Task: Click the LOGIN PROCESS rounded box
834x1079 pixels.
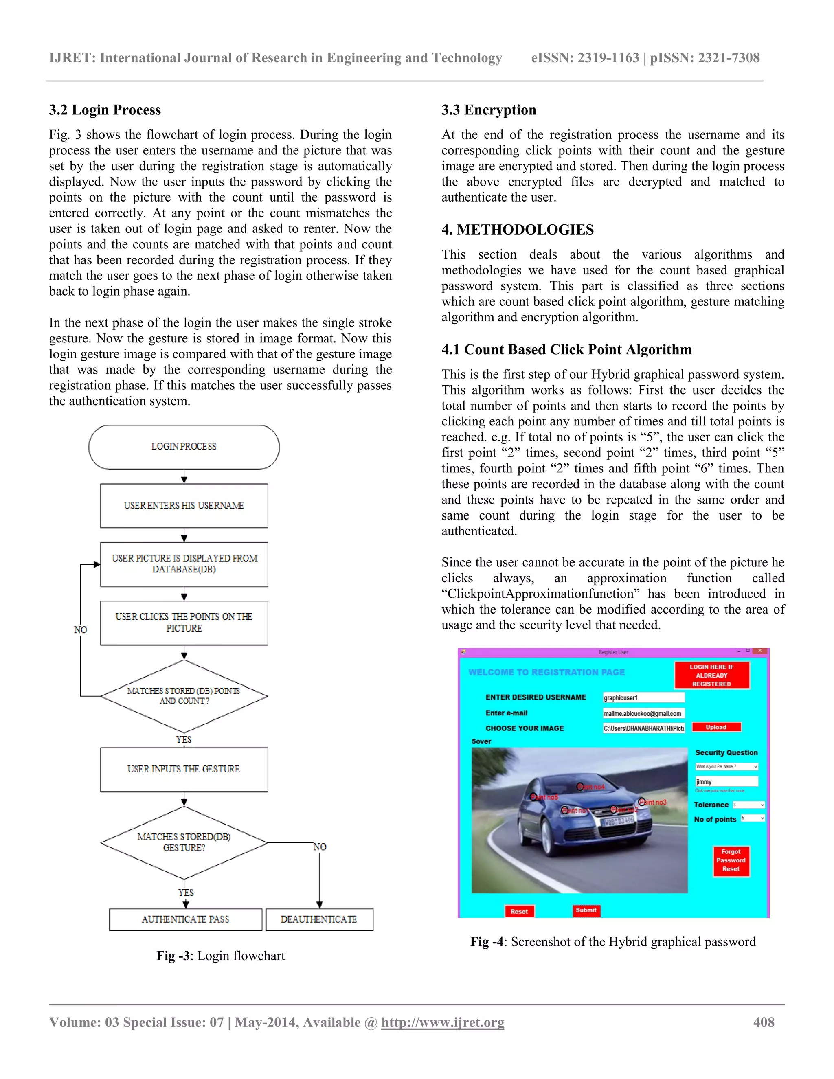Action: pyautogui.click(x=184, y=447)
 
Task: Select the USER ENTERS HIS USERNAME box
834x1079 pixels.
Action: pyautogui.click(x=184, y=505)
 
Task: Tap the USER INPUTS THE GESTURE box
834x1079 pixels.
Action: pyautogui.click(x=184, y=769)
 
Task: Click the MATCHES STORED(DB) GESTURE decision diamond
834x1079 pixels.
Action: pyautogui.click(x=184, y=842)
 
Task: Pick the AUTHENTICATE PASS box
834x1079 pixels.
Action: pyautogui.click(x=185, y=919)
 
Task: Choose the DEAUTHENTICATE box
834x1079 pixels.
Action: pyautogui.click(x=319, y=919)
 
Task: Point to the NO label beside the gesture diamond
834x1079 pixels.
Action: pyautogui.click(x=320, y=847)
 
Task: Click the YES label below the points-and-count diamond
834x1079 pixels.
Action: pyautogui.click(x=184, y=739)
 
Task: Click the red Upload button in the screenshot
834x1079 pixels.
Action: pyautogui.click(x=716, y=727)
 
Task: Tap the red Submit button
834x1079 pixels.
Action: pyautogui.click(x=586, y=910)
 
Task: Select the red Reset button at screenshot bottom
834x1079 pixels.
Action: pyautogui.click(x=519, y=912)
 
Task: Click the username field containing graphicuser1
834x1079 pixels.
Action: pyautogui.click(x=643, y=697)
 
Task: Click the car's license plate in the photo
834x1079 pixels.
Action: pyautogui.click(x=618, y=821)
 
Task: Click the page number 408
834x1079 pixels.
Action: pyautogui.click(x=764, y=1023)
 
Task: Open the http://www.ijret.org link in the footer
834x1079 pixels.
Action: pyautogui.click(x=443, y=1023)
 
